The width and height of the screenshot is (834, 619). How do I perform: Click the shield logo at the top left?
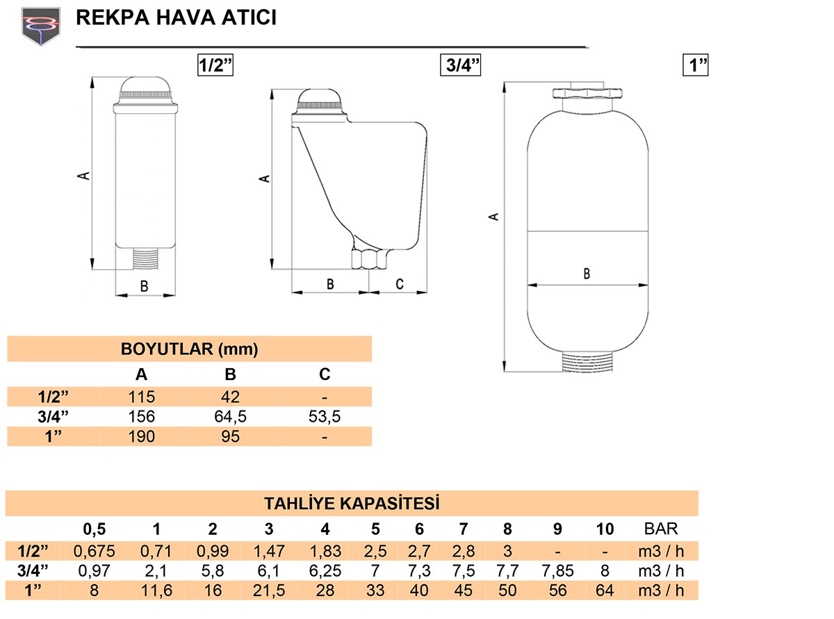[40, 26]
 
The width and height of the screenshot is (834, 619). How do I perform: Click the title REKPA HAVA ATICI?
[176, 17]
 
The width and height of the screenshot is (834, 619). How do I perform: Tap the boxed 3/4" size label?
[460, 65]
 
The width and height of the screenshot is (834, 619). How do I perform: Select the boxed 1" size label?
[695, 65]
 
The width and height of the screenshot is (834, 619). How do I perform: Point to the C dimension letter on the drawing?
[400, 284]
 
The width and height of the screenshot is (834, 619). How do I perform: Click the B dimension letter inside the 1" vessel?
[587, 273]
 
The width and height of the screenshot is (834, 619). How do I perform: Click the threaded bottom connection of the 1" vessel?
[587, 361]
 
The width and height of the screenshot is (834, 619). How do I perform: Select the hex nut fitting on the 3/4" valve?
[369, 258]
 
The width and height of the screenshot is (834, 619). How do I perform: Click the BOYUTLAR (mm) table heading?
[189, 349]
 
